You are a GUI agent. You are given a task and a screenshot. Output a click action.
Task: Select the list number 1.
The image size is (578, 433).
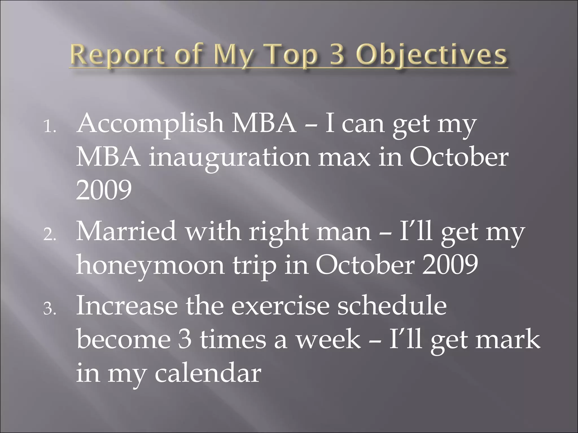(50, 128)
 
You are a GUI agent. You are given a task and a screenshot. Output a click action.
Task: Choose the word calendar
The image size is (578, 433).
(208, 373)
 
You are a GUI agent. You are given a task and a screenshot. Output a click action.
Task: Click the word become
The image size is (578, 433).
(123, 339)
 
